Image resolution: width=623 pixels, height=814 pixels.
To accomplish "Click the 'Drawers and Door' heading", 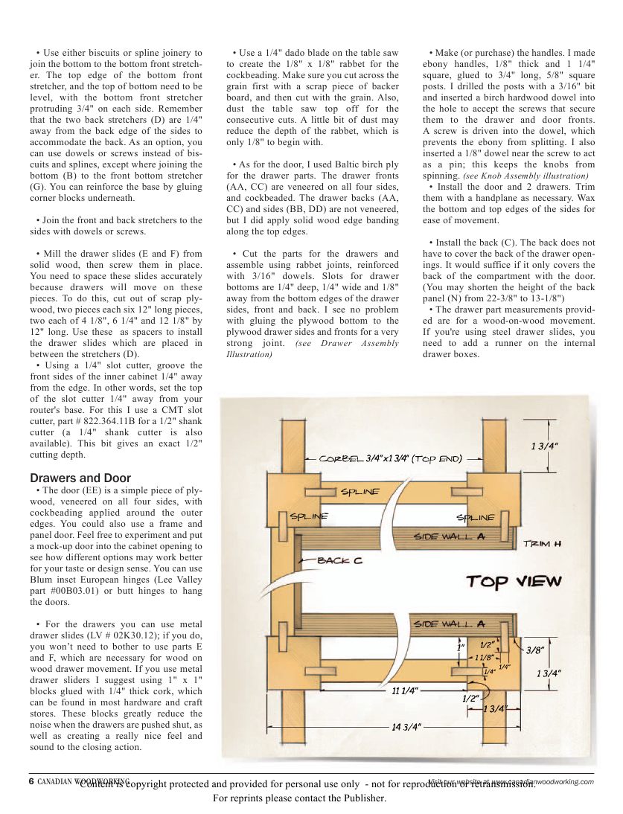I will pos(80,478).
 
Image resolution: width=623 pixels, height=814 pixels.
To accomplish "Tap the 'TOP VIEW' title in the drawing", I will pos(514,582).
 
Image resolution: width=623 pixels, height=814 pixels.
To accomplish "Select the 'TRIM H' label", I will pos(542,544).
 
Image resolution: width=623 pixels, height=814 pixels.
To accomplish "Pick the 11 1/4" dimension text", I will pos(405,691).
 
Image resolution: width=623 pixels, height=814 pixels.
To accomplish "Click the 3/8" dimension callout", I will pos(534,650).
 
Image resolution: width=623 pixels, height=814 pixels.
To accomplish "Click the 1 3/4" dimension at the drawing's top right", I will pos(545,446).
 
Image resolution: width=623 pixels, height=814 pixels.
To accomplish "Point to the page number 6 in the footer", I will pos(31,781).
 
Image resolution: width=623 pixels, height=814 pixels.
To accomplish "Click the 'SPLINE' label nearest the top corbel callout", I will pos(360,492).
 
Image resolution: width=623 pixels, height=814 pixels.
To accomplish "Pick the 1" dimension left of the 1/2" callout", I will pos(461,648).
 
